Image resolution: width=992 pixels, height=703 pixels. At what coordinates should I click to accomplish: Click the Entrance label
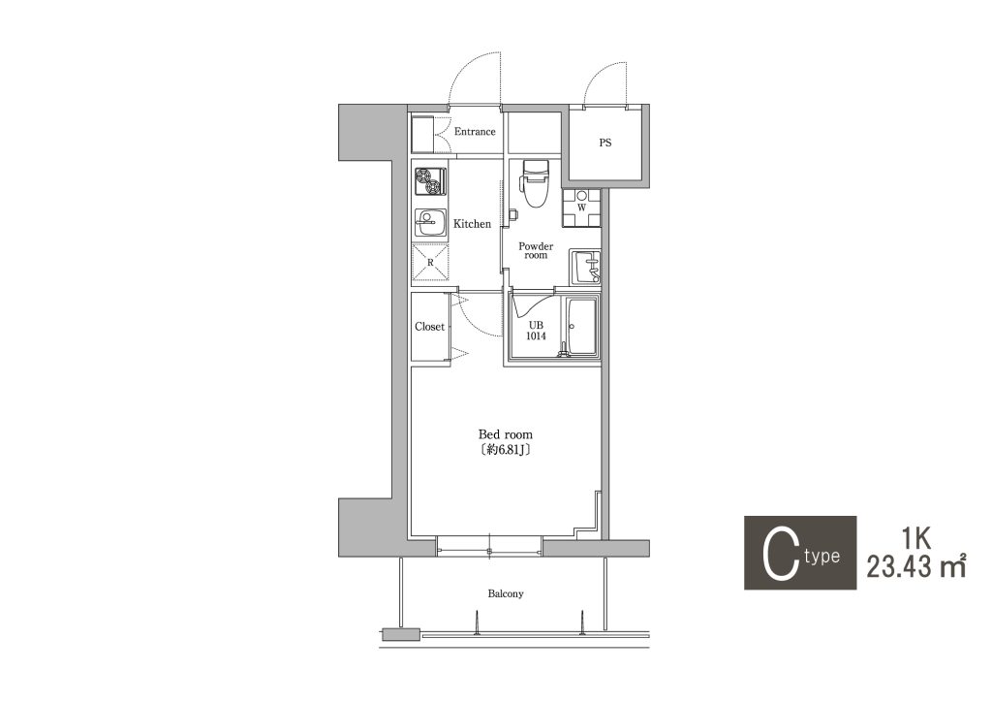click(x=475, y=132)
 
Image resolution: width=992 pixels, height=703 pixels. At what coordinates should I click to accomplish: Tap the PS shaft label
click(x=605, y=144)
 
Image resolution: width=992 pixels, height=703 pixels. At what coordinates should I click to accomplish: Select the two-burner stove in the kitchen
click(x=429, y=181)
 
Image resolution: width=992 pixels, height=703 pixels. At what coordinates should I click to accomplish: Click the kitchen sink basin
click(x=429, y=224)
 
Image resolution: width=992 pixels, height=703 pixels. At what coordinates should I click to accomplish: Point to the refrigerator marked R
click(x=430, y=262)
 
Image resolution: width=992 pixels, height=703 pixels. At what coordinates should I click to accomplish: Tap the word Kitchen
click(x=472, y=224)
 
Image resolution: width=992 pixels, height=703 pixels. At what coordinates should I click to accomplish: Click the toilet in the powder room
click(x=534, y=183)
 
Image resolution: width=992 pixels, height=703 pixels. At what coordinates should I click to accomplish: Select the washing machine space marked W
click(x=581, y=208)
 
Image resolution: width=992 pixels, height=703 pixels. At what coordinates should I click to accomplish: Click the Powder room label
click(x=536, y=251)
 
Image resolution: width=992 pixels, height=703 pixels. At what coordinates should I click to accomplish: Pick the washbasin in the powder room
click(x=585, y=268)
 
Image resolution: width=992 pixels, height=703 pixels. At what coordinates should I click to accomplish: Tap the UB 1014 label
click(x=536, y=331)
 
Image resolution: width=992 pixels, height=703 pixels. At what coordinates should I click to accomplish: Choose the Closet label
click(x=429, y=327)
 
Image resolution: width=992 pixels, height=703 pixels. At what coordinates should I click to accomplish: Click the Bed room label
click(x=505, y=435)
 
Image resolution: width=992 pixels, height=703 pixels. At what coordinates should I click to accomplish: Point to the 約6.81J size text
click(x=505, y=450)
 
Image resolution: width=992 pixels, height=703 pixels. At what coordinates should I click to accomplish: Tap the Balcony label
click(x=506, y=594)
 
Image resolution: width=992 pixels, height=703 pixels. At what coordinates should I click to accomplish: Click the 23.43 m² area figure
click(x=915, y=566)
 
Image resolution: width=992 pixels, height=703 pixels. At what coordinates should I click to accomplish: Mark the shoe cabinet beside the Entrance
click(x=422, y=134)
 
